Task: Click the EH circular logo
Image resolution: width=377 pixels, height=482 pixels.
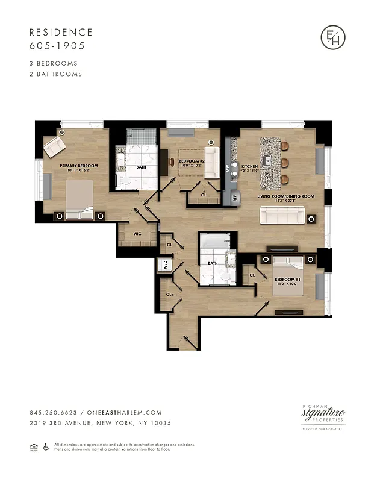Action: (333, 38)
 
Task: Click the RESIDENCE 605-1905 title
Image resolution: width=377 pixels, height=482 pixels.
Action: (61, 39)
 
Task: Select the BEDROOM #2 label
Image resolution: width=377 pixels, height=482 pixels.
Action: (193, 162)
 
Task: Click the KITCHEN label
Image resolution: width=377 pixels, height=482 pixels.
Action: (249, 166)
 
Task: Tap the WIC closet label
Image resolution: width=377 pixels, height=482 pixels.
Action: (137, 233)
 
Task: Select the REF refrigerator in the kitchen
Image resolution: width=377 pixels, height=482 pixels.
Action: (229, 197)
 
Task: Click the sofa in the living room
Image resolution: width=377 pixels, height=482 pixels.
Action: (283, 216)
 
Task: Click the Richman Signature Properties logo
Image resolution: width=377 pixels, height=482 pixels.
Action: (323, 416)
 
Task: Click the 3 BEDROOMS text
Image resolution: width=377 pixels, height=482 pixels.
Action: (54, 63)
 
